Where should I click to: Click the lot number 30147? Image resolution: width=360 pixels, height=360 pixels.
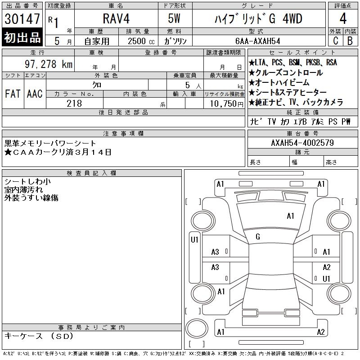click(22, 19)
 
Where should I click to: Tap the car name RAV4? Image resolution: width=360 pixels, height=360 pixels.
click(116, 18)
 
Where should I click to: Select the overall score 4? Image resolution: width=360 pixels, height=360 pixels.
click(343, 18)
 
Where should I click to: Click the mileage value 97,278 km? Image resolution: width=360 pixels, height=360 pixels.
click(49, 64)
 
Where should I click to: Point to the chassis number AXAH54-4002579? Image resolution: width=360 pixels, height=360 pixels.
click(302, 143)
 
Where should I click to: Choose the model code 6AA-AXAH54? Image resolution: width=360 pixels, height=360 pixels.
click(257, 41)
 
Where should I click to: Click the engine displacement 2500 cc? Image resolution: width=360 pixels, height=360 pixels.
click(141, 41)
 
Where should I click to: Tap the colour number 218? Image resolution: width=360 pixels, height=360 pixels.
click(74, 103)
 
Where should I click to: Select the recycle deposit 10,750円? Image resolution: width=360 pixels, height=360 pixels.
click(226, 104)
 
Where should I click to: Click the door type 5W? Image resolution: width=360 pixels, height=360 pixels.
click(174, 18)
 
